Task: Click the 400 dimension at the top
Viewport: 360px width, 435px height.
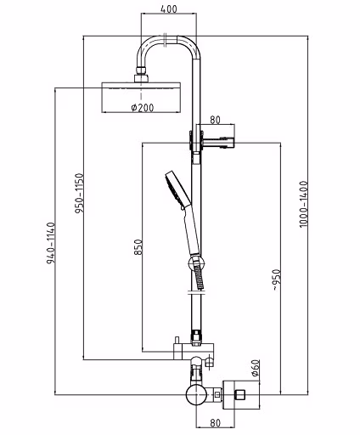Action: [169, 8]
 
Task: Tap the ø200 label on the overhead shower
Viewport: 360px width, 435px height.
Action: [143, 107]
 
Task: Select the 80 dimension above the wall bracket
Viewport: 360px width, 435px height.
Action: [215, 120]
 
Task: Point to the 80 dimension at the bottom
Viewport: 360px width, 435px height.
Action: [216, 423]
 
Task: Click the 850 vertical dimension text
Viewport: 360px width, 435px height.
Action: [138, 247]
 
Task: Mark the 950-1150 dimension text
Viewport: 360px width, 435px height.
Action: [80, 194]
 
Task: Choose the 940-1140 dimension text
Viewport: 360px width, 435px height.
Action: [51, 243]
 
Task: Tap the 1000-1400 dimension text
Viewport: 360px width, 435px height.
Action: [303, 204]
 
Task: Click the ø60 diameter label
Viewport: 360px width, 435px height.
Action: [256, 369]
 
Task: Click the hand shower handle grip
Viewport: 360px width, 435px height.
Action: [192, 231]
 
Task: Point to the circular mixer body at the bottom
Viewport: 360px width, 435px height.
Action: [196, 394]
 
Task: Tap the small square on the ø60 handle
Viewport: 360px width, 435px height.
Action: [239, 394]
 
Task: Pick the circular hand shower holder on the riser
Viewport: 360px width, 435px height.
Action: [196, 264]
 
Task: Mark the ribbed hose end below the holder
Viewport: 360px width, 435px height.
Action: [200, 278]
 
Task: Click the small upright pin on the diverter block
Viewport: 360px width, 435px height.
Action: [177, 341]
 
